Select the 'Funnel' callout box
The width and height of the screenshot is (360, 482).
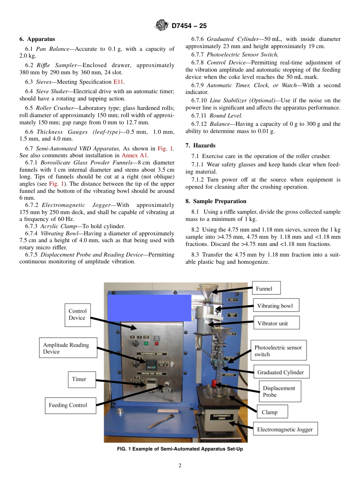[266, 288]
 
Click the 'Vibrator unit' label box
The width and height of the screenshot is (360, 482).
[276, 323]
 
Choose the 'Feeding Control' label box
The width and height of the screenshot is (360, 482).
[70, 405]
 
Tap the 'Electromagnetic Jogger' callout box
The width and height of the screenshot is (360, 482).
[285, 429]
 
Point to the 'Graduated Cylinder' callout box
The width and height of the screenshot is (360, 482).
[281, 372]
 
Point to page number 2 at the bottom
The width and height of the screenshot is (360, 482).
[180, 466]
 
